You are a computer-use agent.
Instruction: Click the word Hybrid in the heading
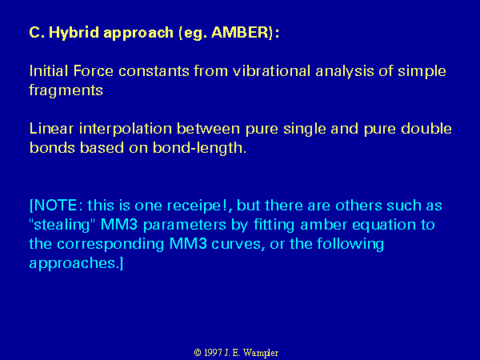(x=74, y=33)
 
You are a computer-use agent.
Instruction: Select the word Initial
(x=49, y=71)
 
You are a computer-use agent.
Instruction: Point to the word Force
(x=94, y=71)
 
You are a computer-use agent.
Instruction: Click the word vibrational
(x=271, y=71)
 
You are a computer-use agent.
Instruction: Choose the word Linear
(x=51, y=129)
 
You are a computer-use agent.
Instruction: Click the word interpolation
(x=126, y=130)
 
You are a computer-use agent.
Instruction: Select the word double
(x=426, y=129)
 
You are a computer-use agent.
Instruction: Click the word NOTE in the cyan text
(x=55, y=205)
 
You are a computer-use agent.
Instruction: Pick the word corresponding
(x=110, y=245)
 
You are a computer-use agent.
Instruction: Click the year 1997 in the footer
(x=213, y=353)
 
